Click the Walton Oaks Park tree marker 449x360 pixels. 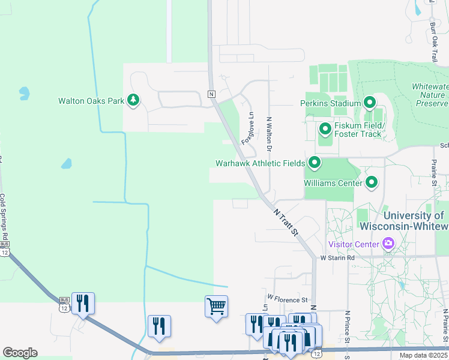133,101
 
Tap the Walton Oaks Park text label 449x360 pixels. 91,101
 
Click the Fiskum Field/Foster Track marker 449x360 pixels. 325,129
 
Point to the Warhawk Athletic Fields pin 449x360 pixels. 314,163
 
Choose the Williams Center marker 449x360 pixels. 372,182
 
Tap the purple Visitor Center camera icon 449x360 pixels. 388,244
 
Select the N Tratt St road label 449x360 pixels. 286,221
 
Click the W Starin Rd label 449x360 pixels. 337,258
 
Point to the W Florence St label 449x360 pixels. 288,298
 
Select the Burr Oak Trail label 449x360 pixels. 433,42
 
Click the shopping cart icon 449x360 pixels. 216,307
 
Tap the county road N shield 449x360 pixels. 211,94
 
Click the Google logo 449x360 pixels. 20,352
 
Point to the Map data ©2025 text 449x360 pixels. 423,355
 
